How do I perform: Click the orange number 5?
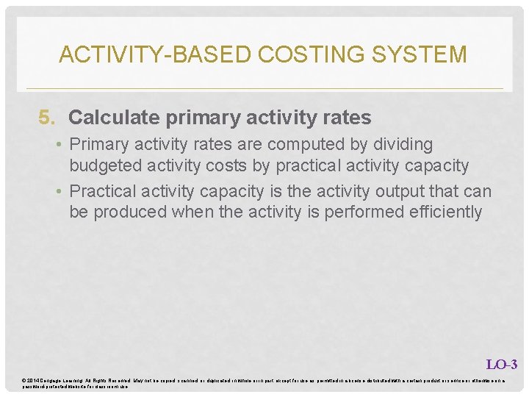click(46, 118)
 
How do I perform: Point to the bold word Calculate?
click(107, 118)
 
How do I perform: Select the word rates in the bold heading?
click(345, 118)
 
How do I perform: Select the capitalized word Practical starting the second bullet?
click(103, 192)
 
